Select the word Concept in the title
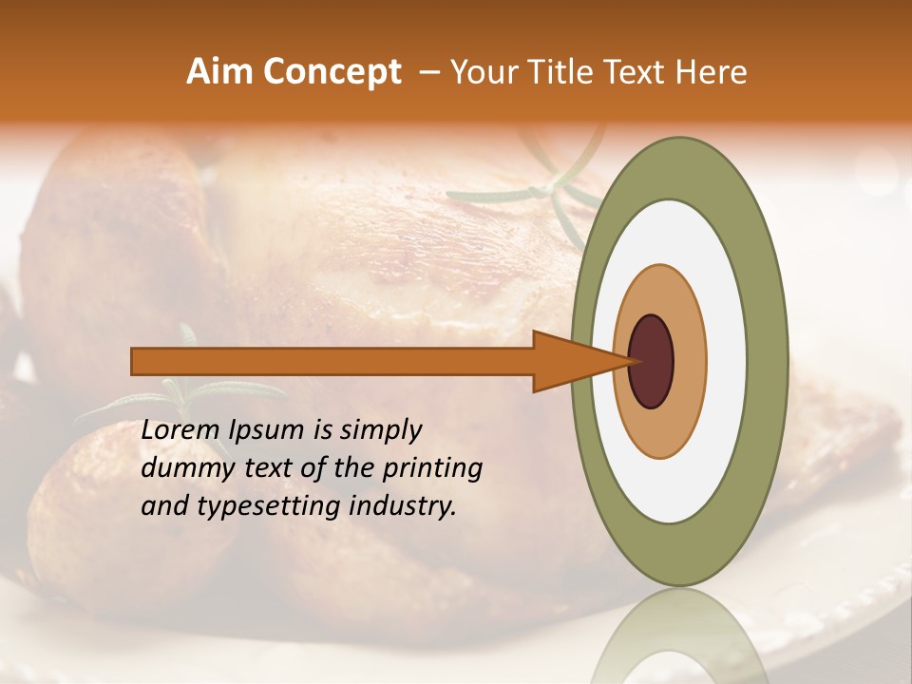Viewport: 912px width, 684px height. point(332,72)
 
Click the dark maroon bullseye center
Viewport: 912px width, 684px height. point(652,361)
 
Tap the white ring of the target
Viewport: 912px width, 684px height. point(727,361)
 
